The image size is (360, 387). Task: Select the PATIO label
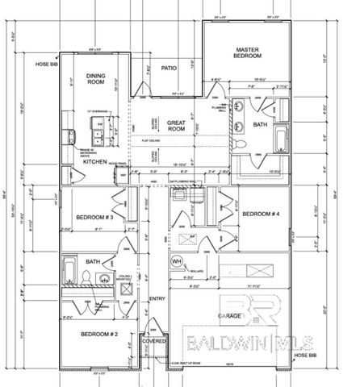pyautogui.click(x=169, y=69)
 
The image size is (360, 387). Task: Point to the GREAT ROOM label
pyautogui.click(x=177, y=125)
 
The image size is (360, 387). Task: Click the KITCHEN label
pyautogui.click(x=95, y=161)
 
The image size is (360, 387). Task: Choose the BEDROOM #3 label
pyautogui.click(x=92, y=217)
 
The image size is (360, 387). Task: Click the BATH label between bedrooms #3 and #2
pyautogui.click(x=93, y=261)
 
